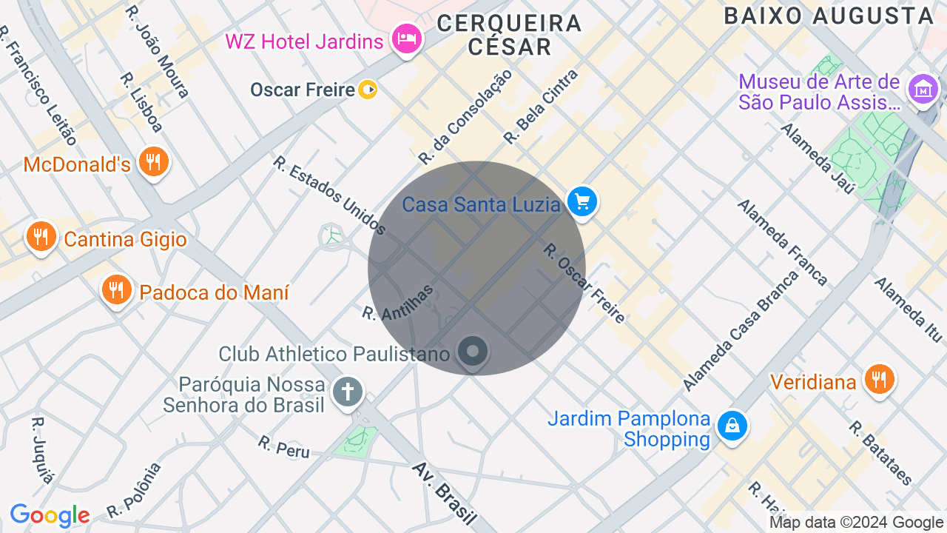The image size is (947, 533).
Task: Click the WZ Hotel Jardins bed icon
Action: click(x=406, y=38)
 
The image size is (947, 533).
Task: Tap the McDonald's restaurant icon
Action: click(x=153, y=161)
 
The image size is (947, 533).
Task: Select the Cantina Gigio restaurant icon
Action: click(x=41, y=237)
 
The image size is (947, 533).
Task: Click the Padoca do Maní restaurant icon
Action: click(x=116, y=290)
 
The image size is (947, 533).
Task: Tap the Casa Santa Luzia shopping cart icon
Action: click(x=582, y=201)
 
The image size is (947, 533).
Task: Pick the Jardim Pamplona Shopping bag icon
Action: click(x=732, y=426)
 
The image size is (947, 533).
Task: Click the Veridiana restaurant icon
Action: click(x=879, y=379)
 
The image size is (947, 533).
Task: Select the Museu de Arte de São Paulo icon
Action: click(x=923, y=90)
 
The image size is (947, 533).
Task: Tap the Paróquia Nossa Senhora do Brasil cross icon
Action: click(x=347, y=392)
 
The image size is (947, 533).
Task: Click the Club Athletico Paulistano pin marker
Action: click(x=473, y=352)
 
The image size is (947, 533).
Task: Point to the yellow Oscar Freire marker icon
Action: click(x=368, y=90)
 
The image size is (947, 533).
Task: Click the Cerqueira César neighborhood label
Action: click(x=509, y=35)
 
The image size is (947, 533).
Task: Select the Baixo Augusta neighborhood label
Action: click(x=829, y=16)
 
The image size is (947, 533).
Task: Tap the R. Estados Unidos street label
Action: click(x=329, y=194)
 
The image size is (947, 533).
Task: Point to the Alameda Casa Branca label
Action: click(x=741, y=331)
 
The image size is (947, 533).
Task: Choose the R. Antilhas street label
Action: click(x=397, y=303)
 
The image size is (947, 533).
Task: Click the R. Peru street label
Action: click(x=284, y=446)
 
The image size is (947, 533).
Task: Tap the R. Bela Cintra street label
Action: click(x=541, y=107)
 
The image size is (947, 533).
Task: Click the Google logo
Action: click(x=50, y=515)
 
